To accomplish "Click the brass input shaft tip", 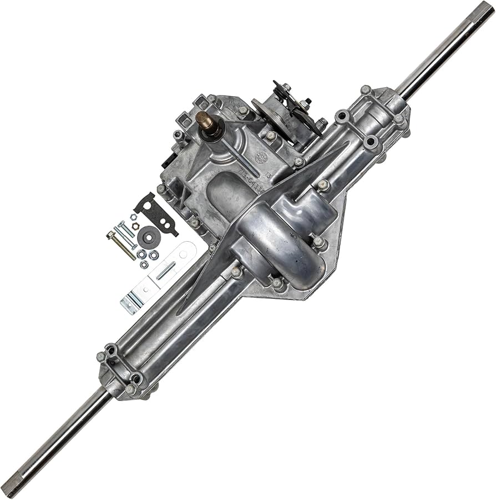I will [x=204, y=119].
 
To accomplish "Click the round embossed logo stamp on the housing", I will [x=261, y=157].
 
